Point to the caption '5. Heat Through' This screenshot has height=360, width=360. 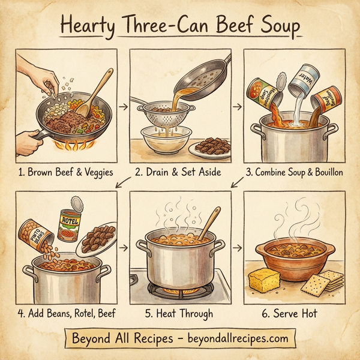(x=180, y=313)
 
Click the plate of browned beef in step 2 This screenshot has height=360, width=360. (x=210, y=146)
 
